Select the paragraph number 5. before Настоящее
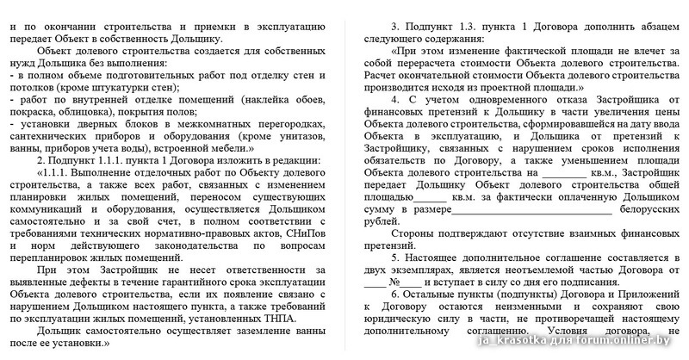pyautogui.click(x=395, y=258)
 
